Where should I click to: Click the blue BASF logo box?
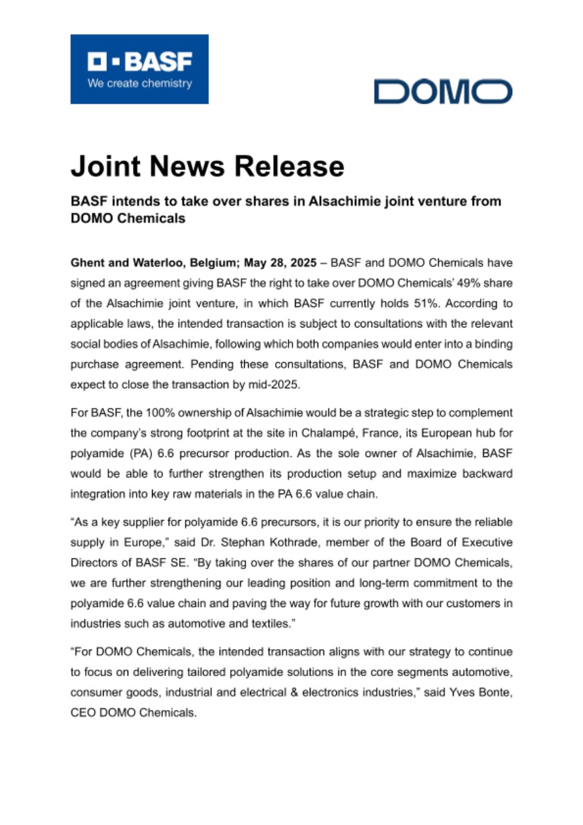coord(139,69)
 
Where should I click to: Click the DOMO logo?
coord(443,92)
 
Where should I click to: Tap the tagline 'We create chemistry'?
coord(140,83)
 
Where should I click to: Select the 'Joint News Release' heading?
coord(207,166)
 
